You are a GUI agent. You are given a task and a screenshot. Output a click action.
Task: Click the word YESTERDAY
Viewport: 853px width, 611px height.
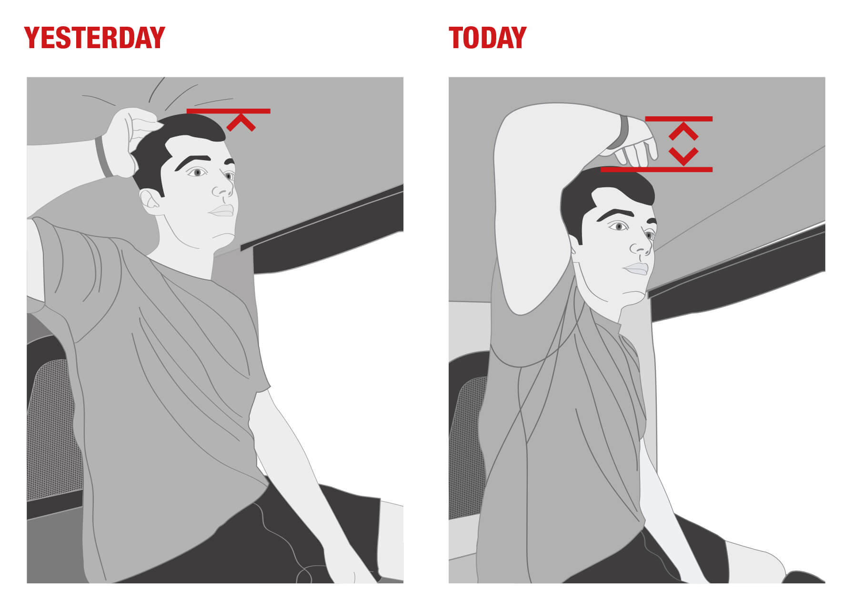[x=94, y=38]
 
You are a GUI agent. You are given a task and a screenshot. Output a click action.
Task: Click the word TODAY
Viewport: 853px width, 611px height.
[x=487, y=38]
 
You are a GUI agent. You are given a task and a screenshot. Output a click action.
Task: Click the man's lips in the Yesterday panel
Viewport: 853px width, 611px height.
[x=222, y=210]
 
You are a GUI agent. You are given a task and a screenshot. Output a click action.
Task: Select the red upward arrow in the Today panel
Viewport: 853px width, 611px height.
[x=683, y=131]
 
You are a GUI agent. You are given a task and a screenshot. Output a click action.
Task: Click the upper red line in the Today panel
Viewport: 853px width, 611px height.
[x=679, y=119]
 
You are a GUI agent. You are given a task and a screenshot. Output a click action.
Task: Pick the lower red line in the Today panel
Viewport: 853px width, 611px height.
[x=656, y=169]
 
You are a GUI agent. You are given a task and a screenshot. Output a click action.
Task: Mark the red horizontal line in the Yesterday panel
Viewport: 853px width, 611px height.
[x=229, y=111]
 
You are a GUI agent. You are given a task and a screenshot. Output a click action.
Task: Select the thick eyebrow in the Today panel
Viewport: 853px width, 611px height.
[x=614, y=214]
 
